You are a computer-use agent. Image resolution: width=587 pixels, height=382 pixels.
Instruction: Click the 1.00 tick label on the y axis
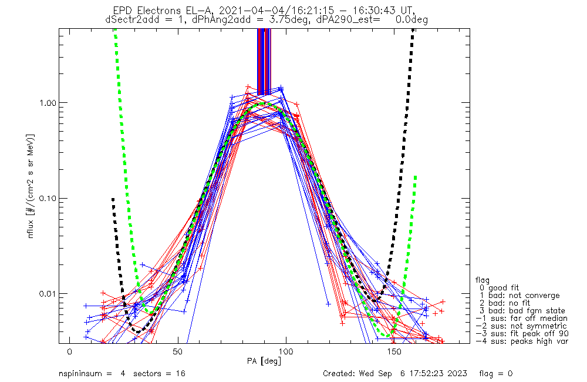[x=47, y=103]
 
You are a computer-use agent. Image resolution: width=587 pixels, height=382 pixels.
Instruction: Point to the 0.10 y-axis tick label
[x=47, y=198]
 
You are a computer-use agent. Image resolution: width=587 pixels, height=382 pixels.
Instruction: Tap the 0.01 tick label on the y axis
[x=47, y=293]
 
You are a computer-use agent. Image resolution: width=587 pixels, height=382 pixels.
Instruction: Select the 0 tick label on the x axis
[x=70, y=352]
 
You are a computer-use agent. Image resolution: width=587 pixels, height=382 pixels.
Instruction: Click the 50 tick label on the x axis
[x=177, y=352]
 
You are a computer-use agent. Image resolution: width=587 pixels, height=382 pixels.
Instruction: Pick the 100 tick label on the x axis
[x=286, y=352]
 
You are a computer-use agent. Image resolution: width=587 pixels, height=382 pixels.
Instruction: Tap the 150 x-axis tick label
[x=394, y=352]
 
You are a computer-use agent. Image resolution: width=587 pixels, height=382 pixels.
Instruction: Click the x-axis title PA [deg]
[x=264, y=361]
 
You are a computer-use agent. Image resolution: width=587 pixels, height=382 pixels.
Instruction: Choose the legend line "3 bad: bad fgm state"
[x=522, y=311]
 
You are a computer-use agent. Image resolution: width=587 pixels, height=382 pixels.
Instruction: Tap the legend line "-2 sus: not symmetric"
[x=521, y=326]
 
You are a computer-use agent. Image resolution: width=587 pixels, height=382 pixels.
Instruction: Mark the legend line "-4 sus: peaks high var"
[x=522, y=341]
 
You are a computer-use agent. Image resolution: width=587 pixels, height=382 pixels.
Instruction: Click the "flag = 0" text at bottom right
[x=495, y=374]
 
